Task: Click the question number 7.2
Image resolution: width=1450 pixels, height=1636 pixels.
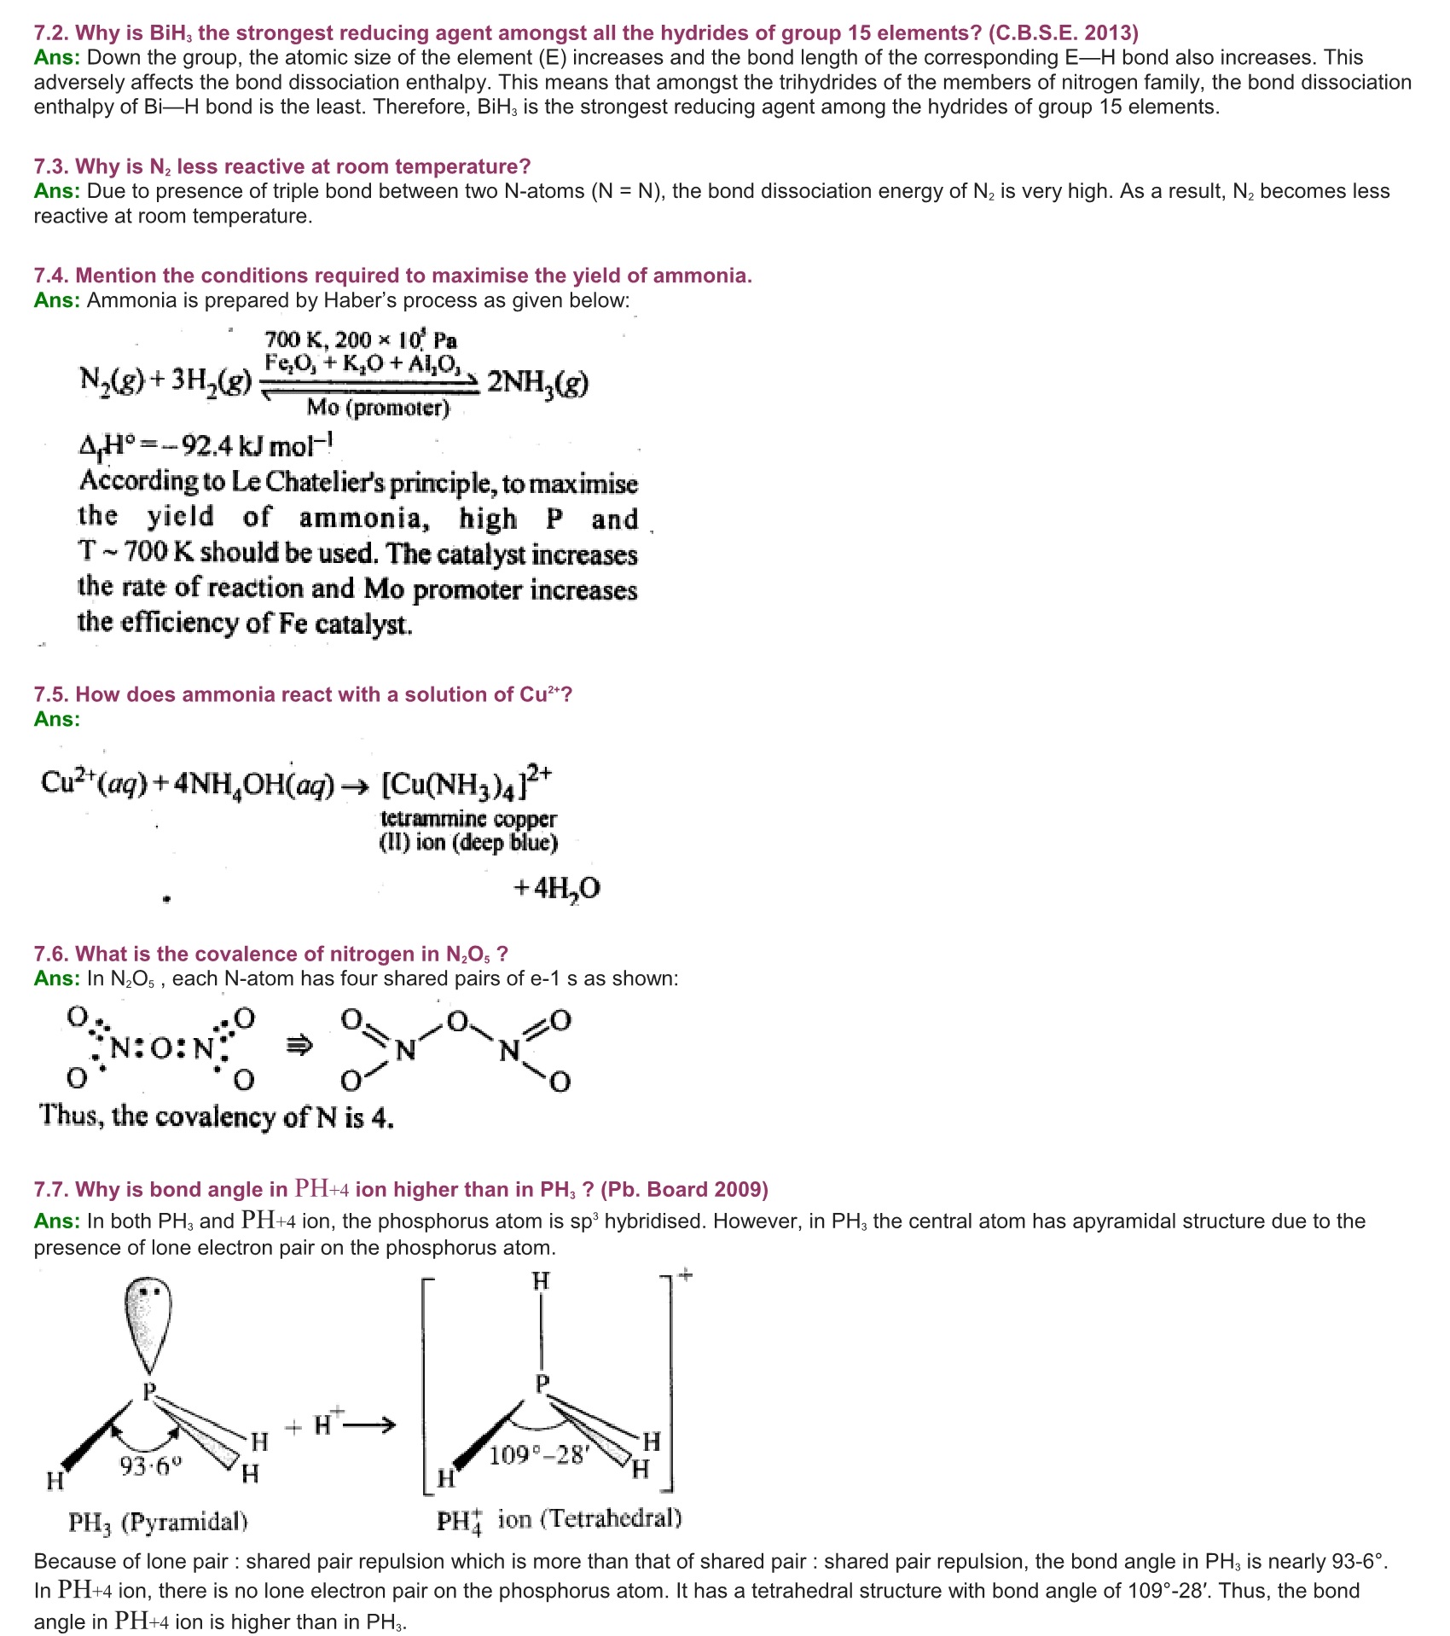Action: (52, 33)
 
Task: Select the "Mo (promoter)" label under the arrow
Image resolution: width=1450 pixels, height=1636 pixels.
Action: (378, 408)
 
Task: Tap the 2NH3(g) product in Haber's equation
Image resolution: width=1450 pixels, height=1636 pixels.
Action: (537, 383)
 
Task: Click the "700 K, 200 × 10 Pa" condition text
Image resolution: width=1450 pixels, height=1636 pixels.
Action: (361, 339)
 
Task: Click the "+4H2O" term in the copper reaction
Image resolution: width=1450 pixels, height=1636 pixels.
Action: (557, 889)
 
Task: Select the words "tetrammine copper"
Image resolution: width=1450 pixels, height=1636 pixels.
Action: (468, 819)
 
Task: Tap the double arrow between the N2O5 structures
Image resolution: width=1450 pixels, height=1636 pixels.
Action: (299, 1045)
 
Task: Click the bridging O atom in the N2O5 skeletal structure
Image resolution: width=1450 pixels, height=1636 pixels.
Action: (458, 1021)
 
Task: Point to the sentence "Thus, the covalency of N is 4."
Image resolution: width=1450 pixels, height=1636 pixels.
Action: (217, 1117)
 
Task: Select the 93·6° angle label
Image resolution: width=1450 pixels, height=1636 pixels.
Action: (151, 1466)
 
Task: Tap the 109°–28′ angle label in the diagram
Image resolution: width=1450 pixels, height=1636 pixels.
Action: (538, 1455)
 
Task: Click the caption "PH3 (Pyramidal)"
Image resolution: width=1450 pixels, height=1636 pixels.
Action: (158, 1522)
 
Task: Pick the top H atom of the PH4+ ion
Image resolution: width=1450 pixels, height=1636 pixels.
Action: (541, 1281)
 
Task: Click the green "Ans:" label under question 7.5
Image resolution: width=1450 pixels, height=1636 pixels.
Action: (56, 719)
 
